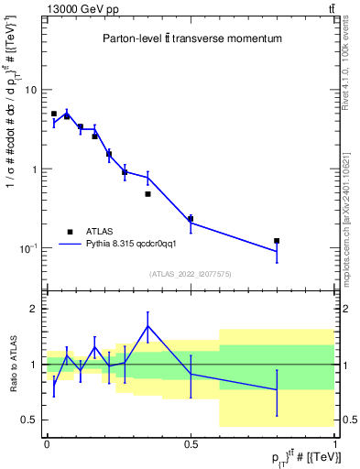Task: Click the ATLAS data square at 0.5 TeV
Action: (191, 219)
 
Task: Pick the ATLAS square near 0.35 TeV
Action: (147, 194)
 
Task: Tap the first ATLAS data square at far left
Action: (54, 114)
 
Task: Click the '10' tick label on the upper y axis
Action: (30, 90)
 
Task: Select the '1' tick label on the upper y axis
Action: (34, 169)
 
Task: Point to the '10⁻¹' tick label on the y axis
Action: (28, 248)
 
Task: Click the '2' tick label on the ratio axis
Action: (34, 309)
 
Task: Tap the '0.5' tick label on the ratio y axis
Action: (29, 420)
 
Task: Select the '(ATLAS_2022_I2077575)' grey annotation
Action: (191, 274)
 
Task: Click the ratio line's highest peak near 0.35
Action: (147, 326)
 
